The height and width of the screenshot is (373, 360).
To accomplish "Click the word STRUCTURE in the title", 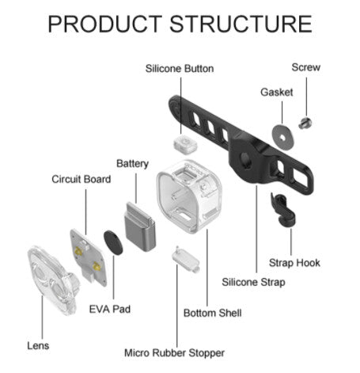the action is [x=241, y=24].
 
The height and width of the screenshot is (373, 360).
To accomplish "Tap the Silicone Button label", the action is [x=180, y=69].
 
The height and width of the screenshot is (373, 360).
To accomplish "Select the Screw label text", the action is [x=306, y=67].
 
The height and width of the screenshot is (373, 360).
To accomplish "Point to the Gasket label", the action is [x=277, y=92].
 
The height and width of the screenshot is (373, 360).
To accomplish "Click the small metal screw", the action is [x=305, y=123].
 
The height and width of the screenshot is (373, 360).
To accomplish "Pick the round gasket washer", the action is [x=282, y=137].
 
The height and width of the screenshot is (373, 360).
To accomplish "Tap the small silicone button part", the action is [x=185, y=144].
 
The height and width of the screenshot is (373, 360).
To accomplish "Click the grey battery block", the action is [x=140, y=226].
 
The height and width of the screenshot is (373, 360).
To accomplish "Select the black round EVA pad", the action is [x=113, y=243].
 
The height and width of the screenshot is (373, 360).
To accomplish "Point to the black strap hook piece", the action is [x=282, y=210].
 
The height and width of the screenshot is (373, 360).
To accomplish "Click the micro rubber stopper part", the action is [x=186, y=260].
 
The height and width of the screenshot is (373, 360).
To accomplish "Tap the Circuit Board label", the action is [x=81, y=179].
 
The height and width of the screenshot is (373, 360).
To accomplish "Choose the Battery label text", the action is [x=132, y=164].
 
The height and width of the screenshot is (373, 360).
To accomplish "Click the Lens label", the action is [x=38, y=345].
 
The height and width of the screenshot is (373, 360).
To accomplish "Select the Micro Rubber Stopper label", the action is [x=174, y=352].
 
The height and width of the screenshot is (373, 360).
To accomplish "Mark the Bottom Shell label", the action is [x=213, y=313].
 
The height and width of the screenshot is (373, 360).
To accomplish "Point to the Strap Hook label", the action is [x=294, y=263].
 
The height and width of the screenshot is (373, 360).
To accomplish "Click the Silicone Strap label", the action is [x=253, y=282].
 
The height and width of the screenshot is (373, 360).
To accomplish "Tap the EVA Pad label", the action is [x=110, y=309].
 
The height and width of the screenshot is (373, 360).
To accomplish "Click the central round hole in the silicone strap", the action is [x=245, y=159].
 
